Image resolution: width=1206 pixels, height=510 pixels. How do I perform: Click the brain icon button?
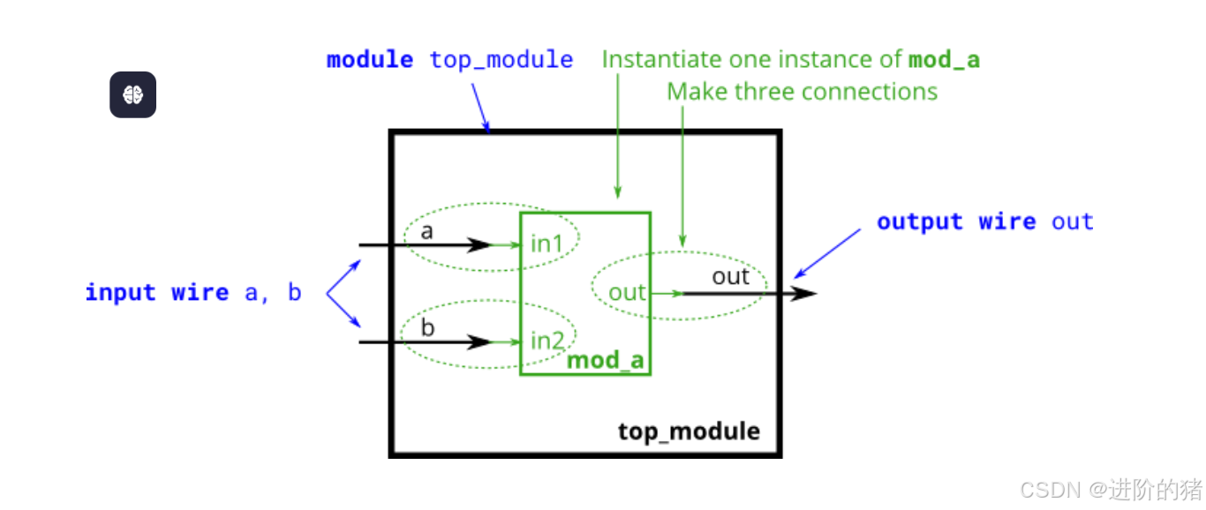pyautogui.click(x=132, y=94)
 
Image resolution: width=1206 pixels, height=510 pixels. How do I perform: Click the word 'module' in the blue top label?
pyautogui.click(x=369, y=60)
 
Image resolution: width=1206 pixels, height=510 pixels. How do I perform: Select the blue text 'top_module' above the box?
pyautogui.click(x=501, y=60)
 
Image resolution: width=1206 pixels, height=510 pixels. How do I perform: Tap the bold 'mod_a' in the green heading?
pyautogui.click(x=944, y=60)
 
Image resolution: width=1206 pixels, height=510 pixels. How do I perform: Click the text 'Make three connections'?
pyautogui.click(x=801, y=92)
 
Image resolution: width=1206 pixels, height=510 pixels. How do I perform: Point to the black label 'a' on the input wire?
pyautogui.click(x=427, y=232)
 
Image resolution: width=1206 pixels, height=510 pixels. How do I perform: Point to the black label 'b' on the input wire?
pyautogui.click(x=427, y=328)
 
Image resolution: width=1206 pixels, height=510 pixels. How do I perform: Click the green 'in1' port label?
pyautogui.click(x=546, y=244)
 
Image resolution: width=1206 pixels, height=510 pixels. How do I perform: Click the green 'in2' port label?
pyautogui.click(x=547, y=340)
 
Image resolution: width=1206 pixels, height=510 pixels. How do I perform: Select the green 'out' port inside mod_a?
pyautogui.click(x=627, y=293)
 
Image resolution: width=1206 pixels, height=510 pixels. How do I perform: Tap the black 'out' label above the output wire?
pyautogui.click(x=730, y=277)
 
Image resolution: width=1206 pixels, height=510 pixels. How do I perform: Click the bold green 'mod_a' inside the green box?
pyautogui.click(x=606, y=360)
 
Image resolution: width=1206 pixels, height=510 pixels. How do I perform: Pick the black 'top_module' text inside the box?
pyautogui.click(x=688, y=431)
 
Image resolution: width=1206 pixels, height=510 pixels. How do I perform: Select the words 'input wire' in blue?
pyautogui.click(x=157, y=293)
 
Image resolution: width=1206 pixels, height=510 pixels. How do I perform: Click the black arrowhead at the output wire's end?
pyautogui.click(x=804, y=293)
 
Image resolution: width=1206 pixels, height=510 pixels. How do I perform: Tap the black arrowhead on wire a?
pyautogui.click(x=479, y=244)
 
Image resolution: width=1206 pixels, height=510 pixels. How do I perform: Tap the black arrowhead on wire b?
pyautogui.click(x=479, y=341)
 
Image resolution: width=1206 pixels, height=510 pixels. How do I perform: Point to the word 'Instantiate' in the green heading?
pyautogui.click(x=661, y=60)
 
